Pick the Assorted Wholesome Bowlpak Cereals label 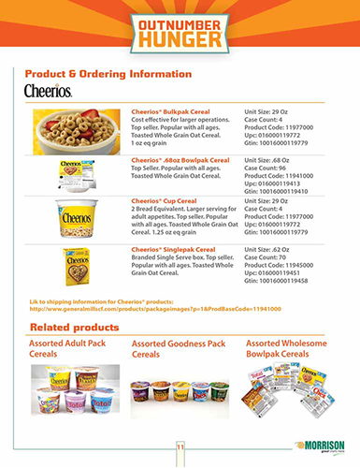[x=289, y=350]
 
